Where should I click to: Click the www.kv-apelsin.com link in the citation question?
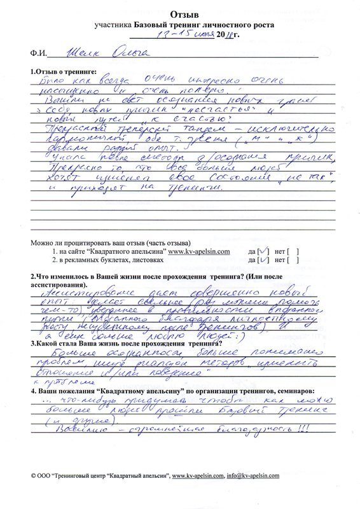[199, 252]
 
